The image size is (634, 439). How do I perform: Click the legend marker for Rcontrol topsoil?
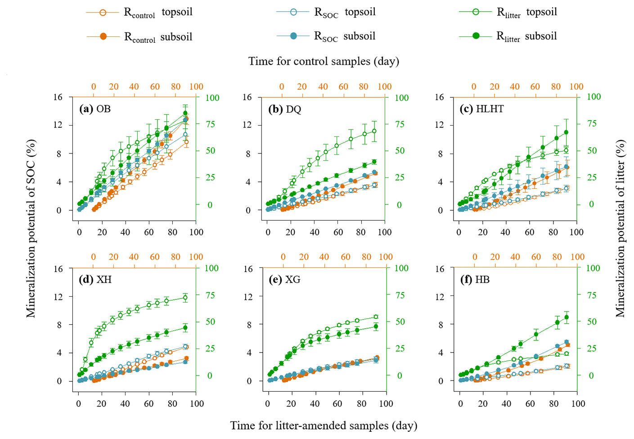pos(103,13)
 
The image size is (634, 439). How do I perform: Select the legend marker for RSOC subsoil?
pos(293,36)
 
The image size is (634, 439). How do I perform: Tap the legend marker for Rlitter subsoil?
pos(476,36)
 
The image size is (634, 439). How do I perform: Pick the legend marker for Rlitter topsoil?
pos(476,12)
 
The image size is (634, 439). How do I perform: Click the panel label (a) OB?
pos(95,109)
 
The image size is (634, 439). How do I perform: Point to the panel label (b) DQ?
pos(285,109)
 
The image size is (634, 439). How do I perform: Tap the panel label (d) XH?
pos(95,280)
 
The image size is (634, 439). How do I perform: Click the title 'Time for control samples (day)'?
pos(324,61)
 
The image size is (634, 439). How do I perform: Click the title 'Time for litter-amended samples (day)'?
pos(324,425)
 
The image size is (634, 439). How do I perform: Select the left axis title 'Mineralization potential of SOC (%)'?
pos(31,228)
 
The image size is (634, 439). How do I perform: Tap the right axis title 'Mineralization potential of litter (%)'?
pos(621,228)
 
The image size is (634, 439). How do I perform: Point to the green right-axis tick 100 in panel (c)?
pos(594,97)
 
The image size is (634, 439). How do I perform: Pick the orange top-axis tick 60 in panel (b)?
pos(343,86)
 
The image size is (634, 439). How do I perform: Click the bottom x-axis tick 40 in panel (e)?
pos(315,403)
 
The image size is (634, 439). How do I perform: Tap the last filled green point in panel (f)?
pos(567,317)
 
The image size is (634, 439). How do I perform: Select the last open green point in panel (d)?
pos(185,298)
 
